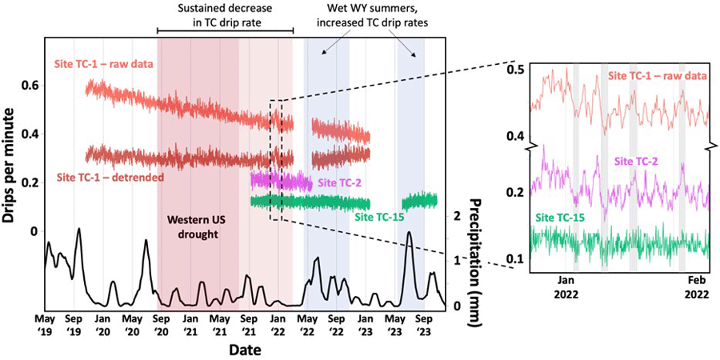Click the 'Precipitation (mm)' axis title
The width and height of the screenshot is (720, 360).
476,257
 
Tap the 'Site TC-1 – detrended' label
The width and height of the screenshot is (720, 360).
111,176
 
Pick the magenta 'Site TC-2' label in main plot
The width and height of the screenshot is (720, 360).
339,182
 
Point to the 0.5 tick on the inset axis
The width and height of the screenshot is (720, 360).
517,70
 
